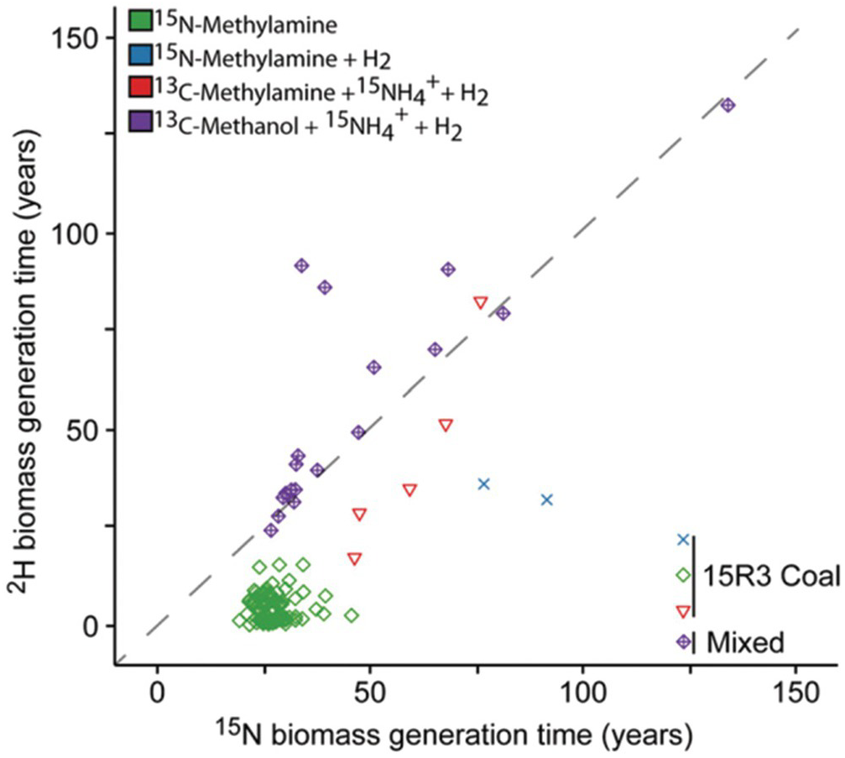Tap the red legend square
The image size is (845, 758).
139,90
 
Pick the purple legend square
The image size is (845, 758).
139,124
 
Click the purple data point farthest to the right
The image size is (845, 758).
728,105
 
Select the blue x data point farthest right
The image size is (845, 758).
547,499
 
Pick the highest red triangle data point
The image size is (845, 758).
480,302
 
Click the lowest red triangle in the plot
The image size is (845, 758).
355,558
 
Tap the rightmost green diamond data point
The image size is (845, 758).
352,615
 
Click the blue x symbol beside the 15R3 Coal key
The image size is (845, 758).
683,540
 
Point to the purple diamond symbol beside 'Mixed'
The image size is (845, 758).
683,641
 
